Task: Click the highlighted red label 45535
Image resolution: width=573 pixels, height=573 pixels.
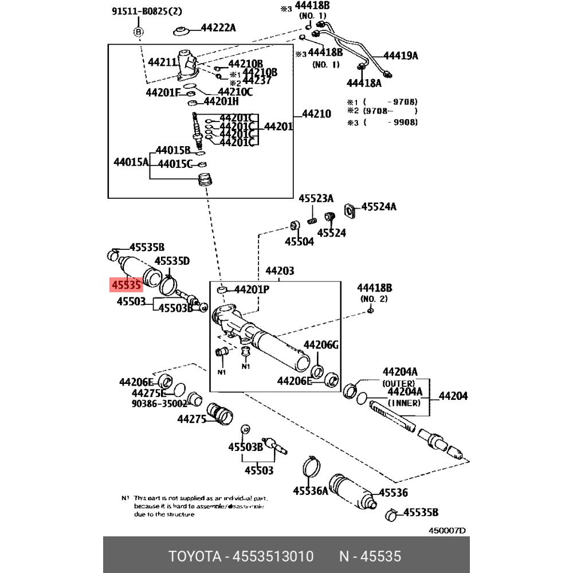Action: click(x=126, y=284)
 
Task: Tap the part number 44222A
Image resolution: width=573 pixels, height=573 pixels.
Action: click(x=218, y=28)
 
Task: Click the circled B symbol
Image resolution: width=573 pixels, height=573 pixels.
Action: click(x=138, y=32)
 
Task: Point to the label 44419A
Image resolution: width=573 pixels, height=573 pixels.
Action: click(x=401, y=56)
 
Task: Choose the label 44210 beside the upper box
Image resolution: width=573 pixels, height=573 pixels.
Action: click(x=316, y=113)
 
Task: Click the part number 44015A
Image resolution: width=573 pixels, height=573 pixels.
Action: click(x=131, y=162)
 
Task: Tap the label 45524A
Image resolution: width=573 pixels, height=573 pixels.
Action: click(x=379, y=206)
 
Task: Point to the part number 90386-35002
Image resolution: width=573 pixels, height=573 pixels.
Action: click(x=159, y=403)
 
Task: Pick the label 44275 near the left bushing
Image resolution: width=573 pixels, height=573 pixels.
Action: click(x=191, y=419)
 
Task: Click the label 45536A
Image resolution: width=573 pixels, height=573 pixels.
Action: click(x=311, y=490)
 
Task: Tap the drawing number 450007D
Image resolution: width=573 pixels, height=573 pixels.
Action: click(x=448, y=530)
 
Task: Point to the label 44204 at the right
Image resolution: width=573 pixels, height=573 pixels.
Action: click(x=453, y=395)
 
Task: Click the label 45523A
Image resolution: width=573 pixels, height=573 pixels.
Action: click(x=316, y=199)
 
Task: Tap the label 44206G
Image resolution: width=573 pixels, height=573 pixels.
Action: click(x=321, y=344)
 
